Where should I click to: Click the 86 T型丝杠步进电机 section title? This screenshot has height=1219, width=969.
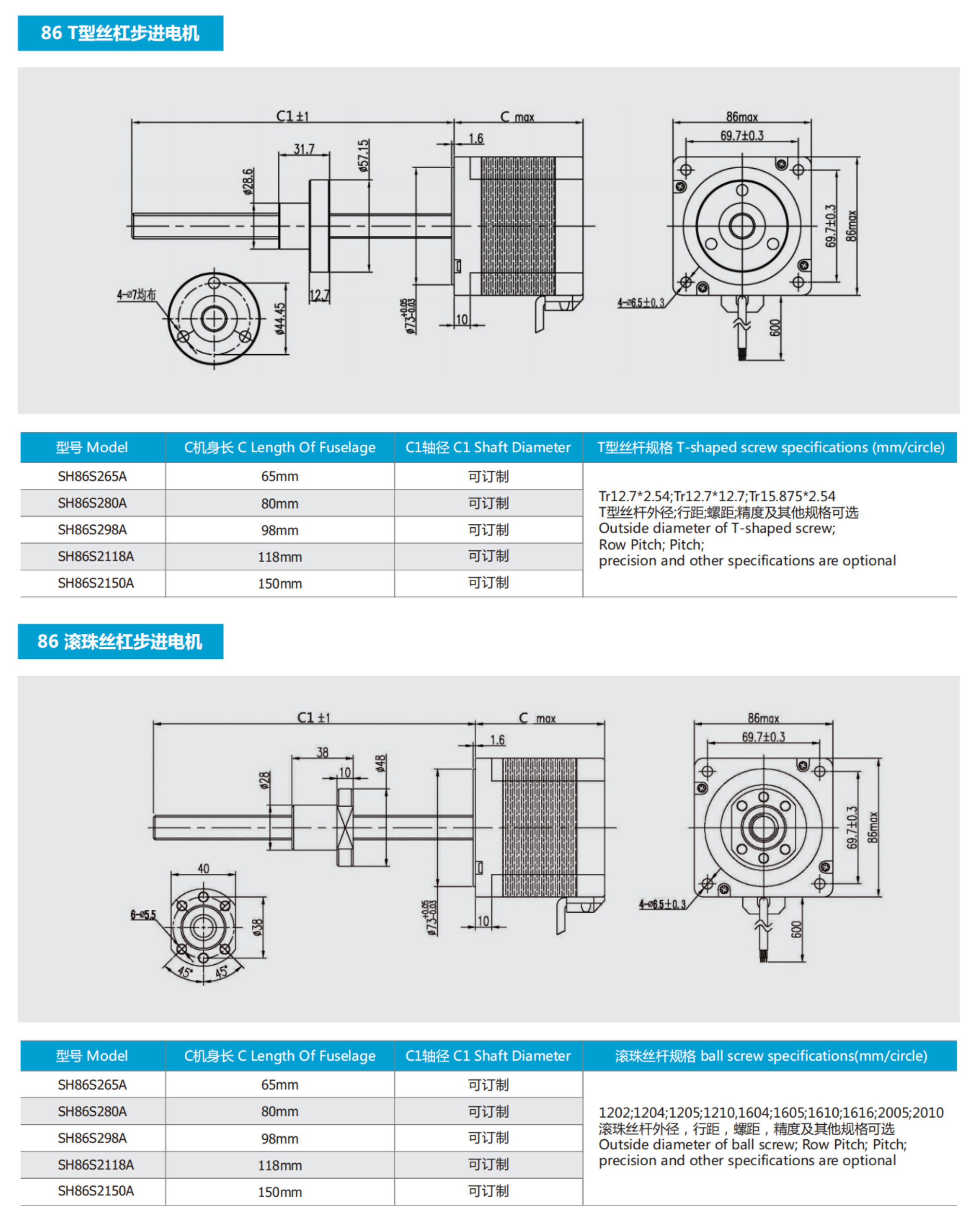tap(120, 33)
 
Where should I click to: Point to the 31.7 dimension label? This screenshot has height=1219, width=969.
tap(304, 149)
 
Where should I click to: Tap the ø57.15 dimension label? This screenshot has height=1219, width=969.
tap(363, 155)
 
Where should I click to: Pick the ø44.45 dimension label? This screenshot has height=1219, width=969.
tap(280, 319)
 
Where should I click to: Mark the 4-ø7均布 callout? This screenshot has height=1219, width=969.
tap(136, 295)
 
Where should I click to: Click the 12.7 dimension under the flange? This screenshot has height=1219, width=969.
tap(319, 295)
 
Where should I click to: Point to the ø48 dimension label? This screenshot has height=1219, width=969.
tap(381, 763)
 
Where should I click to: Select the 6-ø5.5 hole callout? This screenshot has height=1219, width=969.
tap(143, 915)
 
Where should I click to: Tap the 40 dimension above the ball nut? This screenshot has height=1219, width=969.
tap(203, 869)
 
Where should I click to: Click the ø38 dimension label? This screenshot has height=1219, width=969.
tap(257, 927)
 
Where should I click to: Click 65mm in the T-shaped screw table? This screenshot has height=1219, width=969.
tap(279, 476)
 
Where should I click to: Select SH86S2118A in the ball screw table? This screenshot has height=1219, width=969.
tap(96, 1165)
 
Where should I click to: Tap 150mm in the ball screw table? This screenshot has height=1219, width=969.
tap(279, 1192)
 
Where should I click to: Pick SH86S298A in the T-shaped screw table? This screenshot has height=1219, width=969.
tap(92, 530)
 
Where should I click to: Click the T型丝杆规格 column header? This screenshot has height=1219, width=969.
tap(770, 447)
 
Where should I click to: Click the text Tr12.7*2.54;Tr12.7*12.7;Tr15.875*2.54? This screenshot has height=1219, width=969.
tap(716, 497)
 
